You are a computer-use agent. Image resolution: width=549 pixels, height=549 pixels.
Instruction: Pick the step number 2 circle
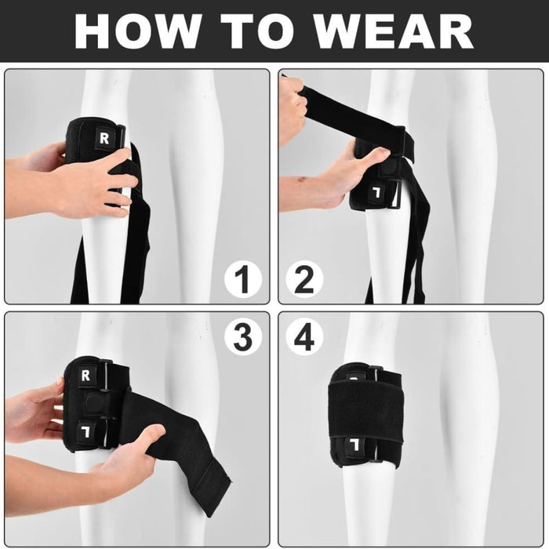tap(305, 280)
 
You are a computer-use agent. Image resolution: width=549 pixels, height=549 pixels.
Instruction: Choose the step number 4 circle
tap(305, 337)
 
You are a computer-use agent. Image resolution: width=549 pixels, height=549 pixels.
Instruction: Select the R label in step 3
tap(85, 375)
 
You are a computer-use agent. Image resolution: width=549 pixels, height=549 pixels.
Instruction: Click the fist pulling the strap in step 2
tap(293, 110)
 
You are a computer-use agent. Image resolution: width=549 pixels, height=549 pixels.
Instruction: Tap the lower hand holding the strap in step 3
tap(129, 459)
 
